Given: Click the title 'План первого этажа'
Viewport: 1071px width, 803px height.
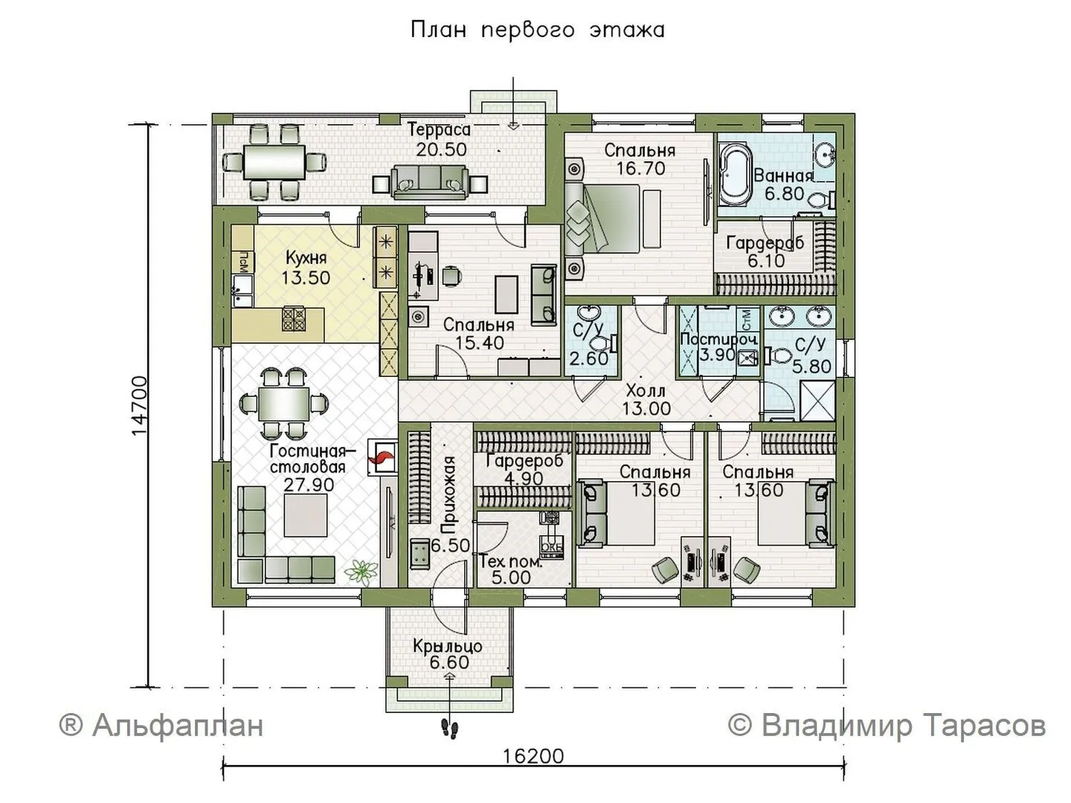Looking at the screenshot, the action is (x=538, y=30).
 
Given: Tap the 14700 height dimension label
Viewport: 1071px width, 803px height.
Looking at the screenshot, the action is (x=139, y=407).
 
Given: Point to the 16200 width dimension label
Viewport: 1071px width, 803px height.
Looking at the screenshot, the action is (x=533, y=756).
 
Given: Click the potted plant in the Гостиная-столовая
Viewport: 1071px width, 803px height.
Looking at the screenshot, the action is (x=361, y=571).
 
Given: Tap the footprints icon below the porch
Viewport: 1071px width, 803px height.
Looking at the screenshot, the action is (x=449, y=729).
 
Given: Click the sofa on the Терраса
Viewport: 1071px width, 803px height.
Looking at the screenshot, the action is (x=429, y=182).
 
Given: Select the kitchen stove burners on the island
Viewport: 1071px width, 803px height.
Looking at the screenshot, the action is (x=294, y=319).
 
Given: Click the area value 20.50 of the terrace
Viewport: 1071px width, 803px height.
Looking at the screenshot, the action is (x=441, y=149).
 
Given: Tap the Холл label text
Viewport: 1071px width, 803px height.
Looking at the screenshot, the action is (x=646, y=390).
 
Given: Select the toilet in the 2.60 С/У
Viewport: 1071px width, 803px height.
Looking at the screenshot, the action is (x=604, y=343).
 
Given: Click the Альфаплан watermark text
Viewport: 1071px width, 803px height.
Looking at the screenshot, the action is (x=161, y=725).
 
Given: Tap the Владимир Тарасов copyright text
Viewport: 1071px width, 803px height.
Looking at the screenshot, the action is (x=886, y=725).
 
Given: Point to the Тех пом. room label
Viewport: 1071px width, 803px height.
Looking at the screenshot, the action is (x=510, y=562).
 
